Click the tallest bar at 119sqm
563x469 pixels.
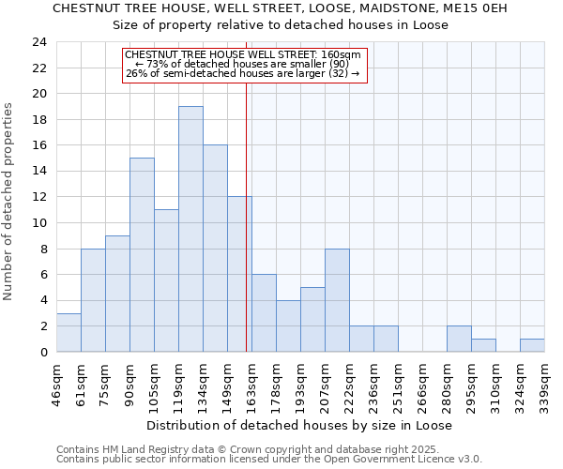pos(190,229)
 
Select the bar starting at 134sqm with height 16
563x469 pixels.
pos(215,249)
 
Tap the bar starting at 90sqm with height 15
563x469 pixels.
pos(142,255)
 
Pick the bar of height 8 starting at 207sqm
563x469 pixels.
pos(337,300)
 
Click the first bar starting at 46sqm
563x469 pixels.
pos(68,332)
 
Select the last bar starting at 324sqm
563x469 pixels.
pos(532,345)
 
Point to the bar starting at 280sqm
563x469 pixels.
pos(459,339)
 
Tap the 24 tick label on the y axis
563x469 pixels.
pos(39,42)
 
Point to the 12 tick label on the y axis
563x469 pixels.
pos(39,197)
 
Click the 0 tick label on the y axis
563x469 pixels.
pos(43,352)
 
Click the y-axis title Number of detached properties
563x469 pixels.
pos(10,202)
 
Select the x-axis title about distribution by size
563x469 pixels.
pos(300,425)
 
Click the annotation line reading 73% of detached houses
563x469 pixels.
pos(243,64)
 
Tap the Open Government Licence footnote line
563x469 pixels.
pos(269,459)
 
